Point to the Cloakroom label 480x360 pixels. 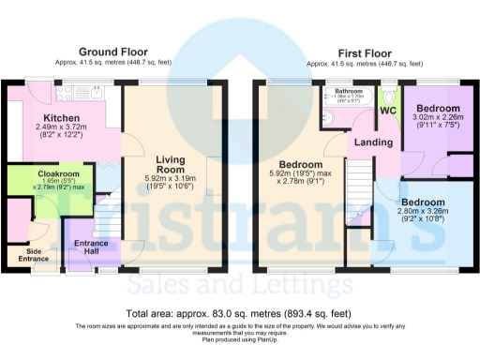(58, 174)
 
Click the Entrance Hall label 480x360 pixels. (92, 247)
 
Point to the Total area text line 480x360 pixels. (239, 313)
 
